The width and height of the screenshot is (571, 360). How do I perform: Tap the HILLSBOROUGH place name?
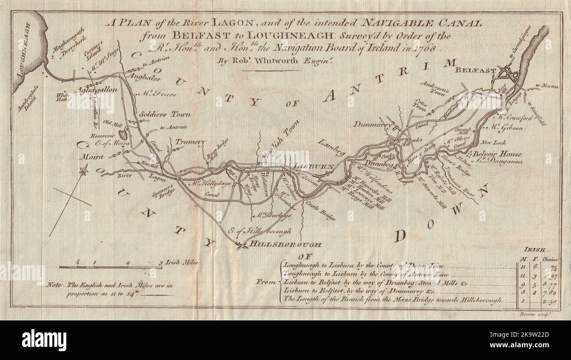pos(285,244)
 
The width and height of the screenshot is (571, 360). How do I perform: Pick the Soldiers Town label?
pos(165,114)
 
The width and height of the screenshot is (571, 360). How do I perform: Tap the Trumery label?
pos(190,142)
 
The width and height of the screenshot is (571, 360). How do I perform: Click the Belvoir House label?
pos(494,154)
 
